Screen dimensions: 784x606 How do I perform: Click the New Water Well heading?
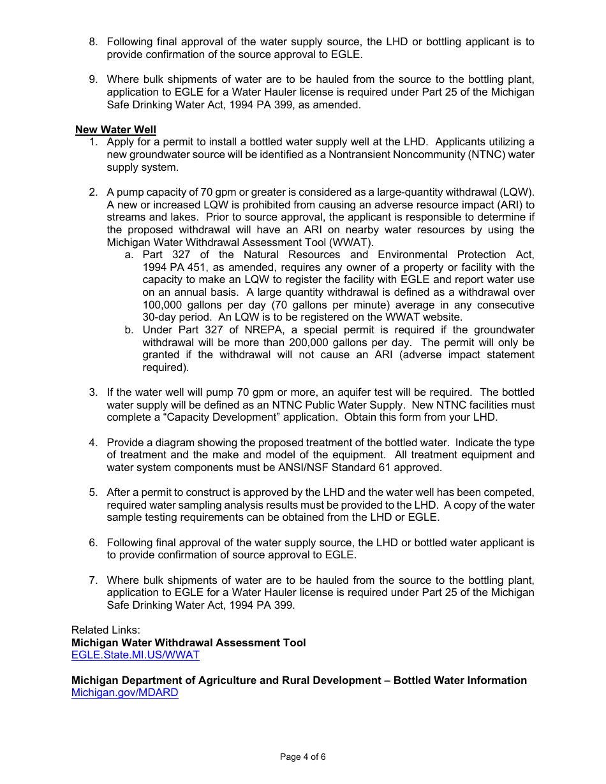(115, 129)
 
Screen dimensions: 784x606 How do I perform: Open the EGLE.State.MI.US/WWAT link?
(135, 655)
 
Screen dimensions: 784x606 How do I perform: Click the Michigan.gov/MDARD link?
(124, 692)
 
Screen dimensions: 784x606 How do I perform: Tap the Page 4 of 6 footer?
(302, 757)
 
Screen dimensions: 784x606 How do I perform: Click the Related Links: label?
(105, 630)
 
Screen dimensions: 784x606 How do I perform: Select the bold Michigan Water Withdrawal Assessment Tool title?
(188, 642)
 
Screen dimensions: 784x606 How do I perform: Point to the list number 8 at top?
(93, 42)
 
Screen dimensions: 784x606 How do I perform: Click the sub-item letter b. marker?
(129, 330)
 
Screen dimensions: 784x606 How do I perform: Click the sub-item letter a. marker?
(129, 255)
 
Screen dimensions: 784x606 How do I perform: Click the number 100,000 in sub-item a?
(165, 305)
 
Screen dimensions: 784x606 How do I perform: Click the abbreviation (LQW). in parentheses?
(517, 192)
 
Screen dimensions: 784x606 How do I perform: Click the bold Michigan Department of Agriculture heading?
(299, 680)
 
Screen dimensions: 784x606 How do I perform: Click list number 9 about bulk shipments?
(93, 80)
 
